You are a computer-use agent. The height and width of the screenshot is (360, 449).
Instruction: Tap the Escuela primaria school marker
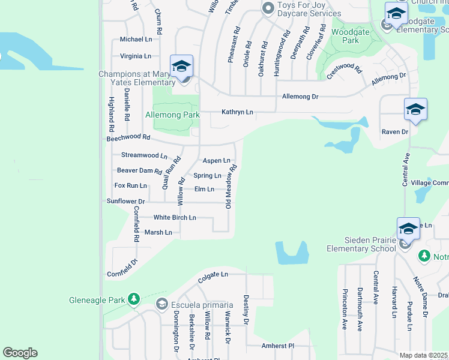pyautogui.click(x=161, y=304)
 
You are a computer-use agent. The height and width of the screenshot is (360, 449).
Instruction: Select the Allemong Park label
pyautogui.click(x=172, y=114)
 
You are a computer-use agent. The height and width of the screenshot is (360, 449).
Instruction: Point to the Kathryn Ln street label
pyautogui.click(x=237, y=112)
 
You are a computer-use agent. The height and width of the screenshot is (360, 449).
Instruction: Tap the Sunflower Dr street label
pyautogui.click(x=125, y=202)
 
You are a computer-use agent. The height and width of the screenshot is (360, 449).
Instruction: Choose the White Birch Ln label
pyautogui.click(x=175, y=217)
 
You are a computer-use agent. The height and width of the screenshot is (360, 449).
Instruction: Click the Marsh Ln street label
pyautogui.click(x=158, y=232)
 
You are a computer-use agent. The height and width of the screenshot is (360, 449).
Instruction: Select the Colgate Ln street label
pyautogui.click(x=213, y=275)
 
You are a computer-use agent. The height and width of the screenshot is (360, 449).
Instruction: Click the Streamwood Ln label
pyautogui.click(x=144, y=155)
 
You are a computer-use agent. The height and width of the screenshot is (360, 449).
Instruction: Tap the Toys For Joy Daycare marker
pyautogui.click(x=268, y=8)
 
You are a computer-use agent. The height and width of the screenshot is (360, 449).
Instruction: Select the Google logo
pyautogui.click(x=20, y=353)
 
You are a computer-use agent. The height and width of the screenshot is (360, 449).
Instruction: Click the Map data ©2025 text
pyautogui.click(x=424, y=355)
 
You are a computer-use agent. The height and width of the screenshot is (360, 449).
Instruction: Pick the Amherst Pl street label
pyautogui.click(x=278, y=346)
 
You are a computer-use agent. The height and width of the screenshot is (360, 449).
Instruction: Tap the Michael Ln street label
pyautogui.click(x=136, y=39)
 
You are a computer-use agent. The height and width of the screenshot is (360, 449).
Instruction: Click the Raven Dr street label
pyautogui.click(x=394, y=131)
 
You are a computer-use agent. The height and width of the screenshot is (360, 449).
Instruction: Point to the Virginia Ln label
pyautogui.click(x=135, y=56)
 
